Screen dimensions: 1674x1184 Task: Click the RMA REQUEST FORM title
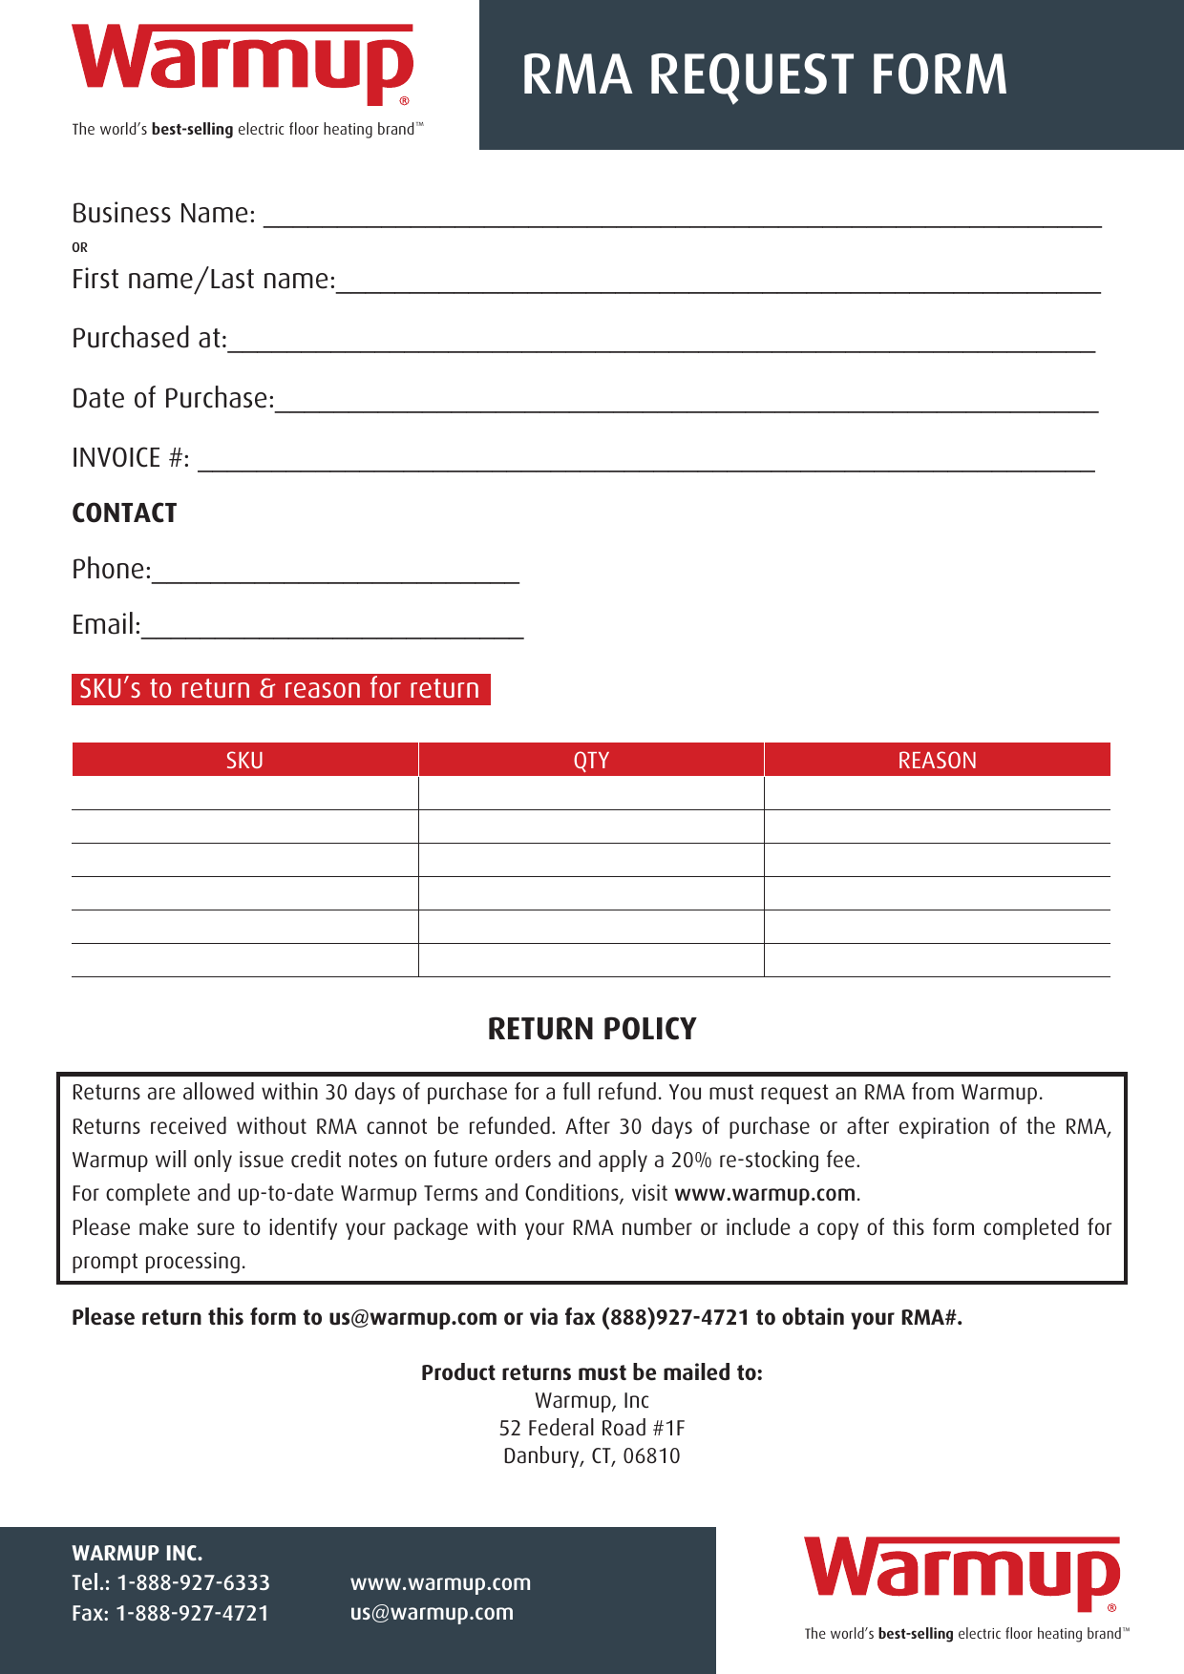tap(764, 75)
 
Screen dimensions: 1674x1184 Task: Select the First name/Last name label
tap(203, 280)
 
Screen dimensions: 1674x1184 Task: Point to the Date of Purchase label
tap(173, 399)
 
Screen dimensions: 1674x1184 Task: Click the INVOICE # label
tap(131, 458)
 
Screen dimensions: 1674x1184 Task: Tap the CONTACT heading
tap(124, 513)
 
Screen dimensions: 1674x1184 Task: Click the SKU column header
tap(244, 760)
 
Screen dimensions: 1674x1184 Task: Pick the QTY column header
tap(591, 760)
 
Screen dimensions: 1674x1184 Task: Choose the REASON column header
tap(937, 760)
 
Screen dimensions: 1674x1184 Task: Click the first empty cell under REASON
tap(937, 793)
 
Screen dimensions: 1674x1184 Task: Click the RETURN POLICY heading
tap(592, 1029)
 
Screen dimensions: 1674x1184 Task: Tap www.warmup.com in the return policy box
tap(765, 1194)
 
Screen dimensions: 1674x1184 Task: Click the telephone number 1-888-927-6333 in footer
tap(193, 1583)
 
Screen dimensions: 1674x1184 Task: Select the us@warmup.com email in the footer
tap(432, 1613)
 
